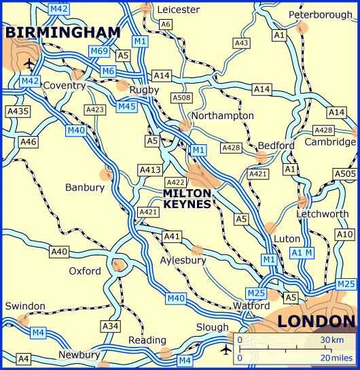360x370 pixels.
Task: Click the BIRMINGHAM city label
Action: pyautogui.click(x=62, y=32)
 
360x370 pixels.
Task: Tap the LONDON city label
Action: pyautogui.click(x=317, y=321)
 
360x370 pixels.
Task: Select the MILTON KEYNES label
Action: pyautogui.click(x=187, y=198)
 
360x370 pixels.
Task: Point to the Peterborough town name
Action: pyautogui.click(x=321, y=15)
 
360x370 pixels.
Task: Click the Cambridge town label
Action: pyautogui.click(x=330, y=142)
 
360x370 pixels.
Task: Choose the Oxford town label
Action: pyautogui.click(x=85, y=271)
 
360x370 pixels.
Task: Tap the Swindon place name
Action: pyautogui.click(x=25, y=306)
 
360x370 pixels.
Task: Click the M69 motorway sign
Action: pyautogui.click(x=99, y=52)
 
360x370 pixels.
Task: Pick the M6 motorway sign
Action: pyautogui.click(x=109, y=71)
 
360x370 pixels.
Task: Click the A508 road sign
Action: pyautogui.click(x=180, y=98)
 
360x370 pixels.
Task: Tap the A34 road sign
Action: pyautogui.click(x=110, y=326)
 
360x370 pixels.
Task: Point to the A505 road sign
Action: pyautogui.click(x=344, y=174)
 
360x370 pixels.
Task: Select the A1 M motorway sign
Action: pyautogui.click(x=304, y=253)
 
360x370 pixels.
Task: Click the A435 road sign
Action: pyautogui.click(x=18, y=111)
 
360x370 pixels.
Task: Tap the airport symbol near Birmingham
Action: pyautogui.click(x=28, y=64)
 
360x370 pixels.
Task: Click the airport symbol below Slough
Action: pyautogui.click(x=226, y=350)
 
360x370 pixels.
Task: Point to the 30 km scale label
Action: pyautogui.click(x=332, y=339)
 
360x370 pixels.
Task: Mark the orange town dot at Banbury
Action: pyautogui.click(x=105, y=174)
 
